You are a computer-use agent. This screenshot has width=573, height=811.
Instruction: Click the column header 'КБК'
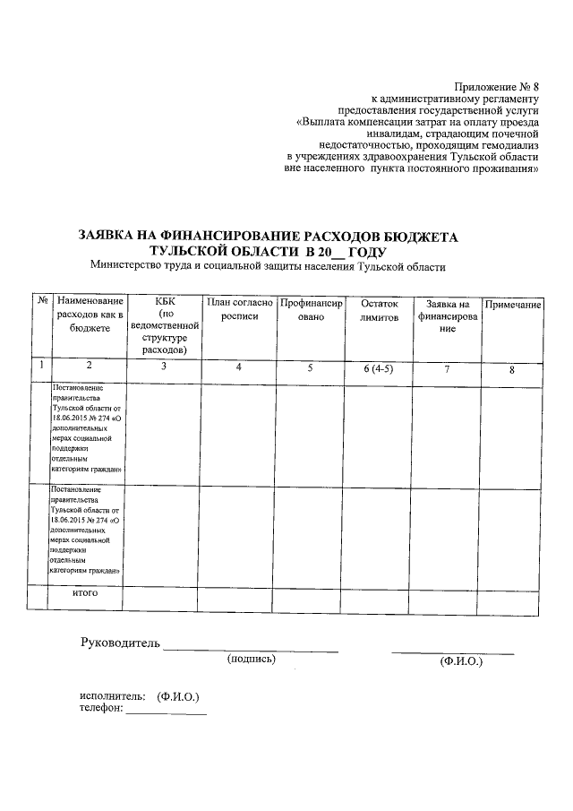[163, 304]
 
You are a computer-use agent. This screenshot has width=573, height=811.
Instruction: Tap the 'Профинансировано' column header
[311, 310]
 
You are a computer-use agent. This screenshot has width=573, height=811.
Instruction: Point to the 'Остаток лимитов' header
[379, 310]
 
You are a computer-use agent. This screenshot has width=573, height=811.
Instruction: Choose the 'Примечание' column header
[512, 306]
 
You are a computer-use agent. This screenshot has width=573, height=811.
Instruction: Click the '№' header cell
[41, 304]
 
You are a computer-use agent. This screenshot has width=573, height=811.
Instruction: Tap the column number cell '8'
[512, 369]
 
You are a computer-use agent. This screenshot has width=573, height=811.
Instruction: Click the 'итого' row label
[85, 593]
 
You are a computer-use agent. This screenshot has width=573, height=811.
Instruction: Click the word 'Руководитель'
[120, 643]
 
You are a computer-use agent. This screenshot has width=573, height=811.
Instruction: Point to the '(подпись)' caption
[252, 659]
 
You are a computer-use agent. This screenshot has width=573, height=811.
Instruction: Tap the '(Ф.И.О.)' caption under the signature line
[461, 662]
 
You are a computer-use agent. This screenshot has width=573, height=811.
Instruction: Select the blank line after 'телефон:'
[167, 712]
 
